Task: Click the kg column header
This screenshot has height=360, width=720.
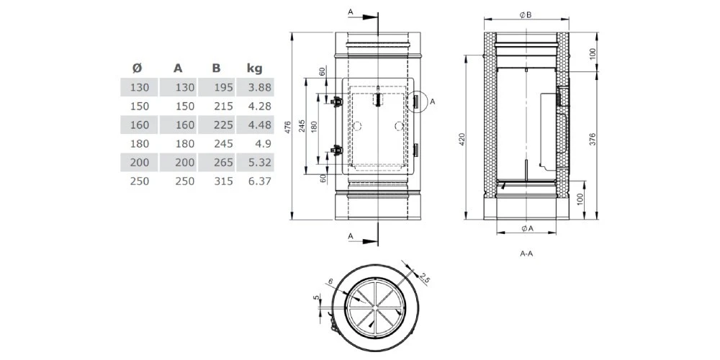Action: (254, 68)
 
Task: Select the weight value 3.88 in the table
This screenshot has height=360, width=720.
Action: (257, 88)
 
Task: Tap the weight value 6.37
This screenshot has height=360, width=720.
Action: (257, 181)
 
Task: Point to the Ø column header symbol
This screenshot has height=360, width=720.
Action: (137, 68)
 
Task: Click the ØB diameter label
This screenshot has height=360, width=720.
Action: (526, 14)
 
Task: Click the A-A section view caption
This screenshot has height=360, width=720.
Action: (526, 254)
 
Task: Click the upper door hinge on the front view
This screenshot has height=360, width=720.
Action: (334, 102)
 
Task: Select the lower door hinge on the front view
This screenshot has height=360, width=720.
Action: (334, 151)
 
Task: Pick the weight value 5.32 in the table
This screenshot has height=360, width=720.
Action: (257, 163)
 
